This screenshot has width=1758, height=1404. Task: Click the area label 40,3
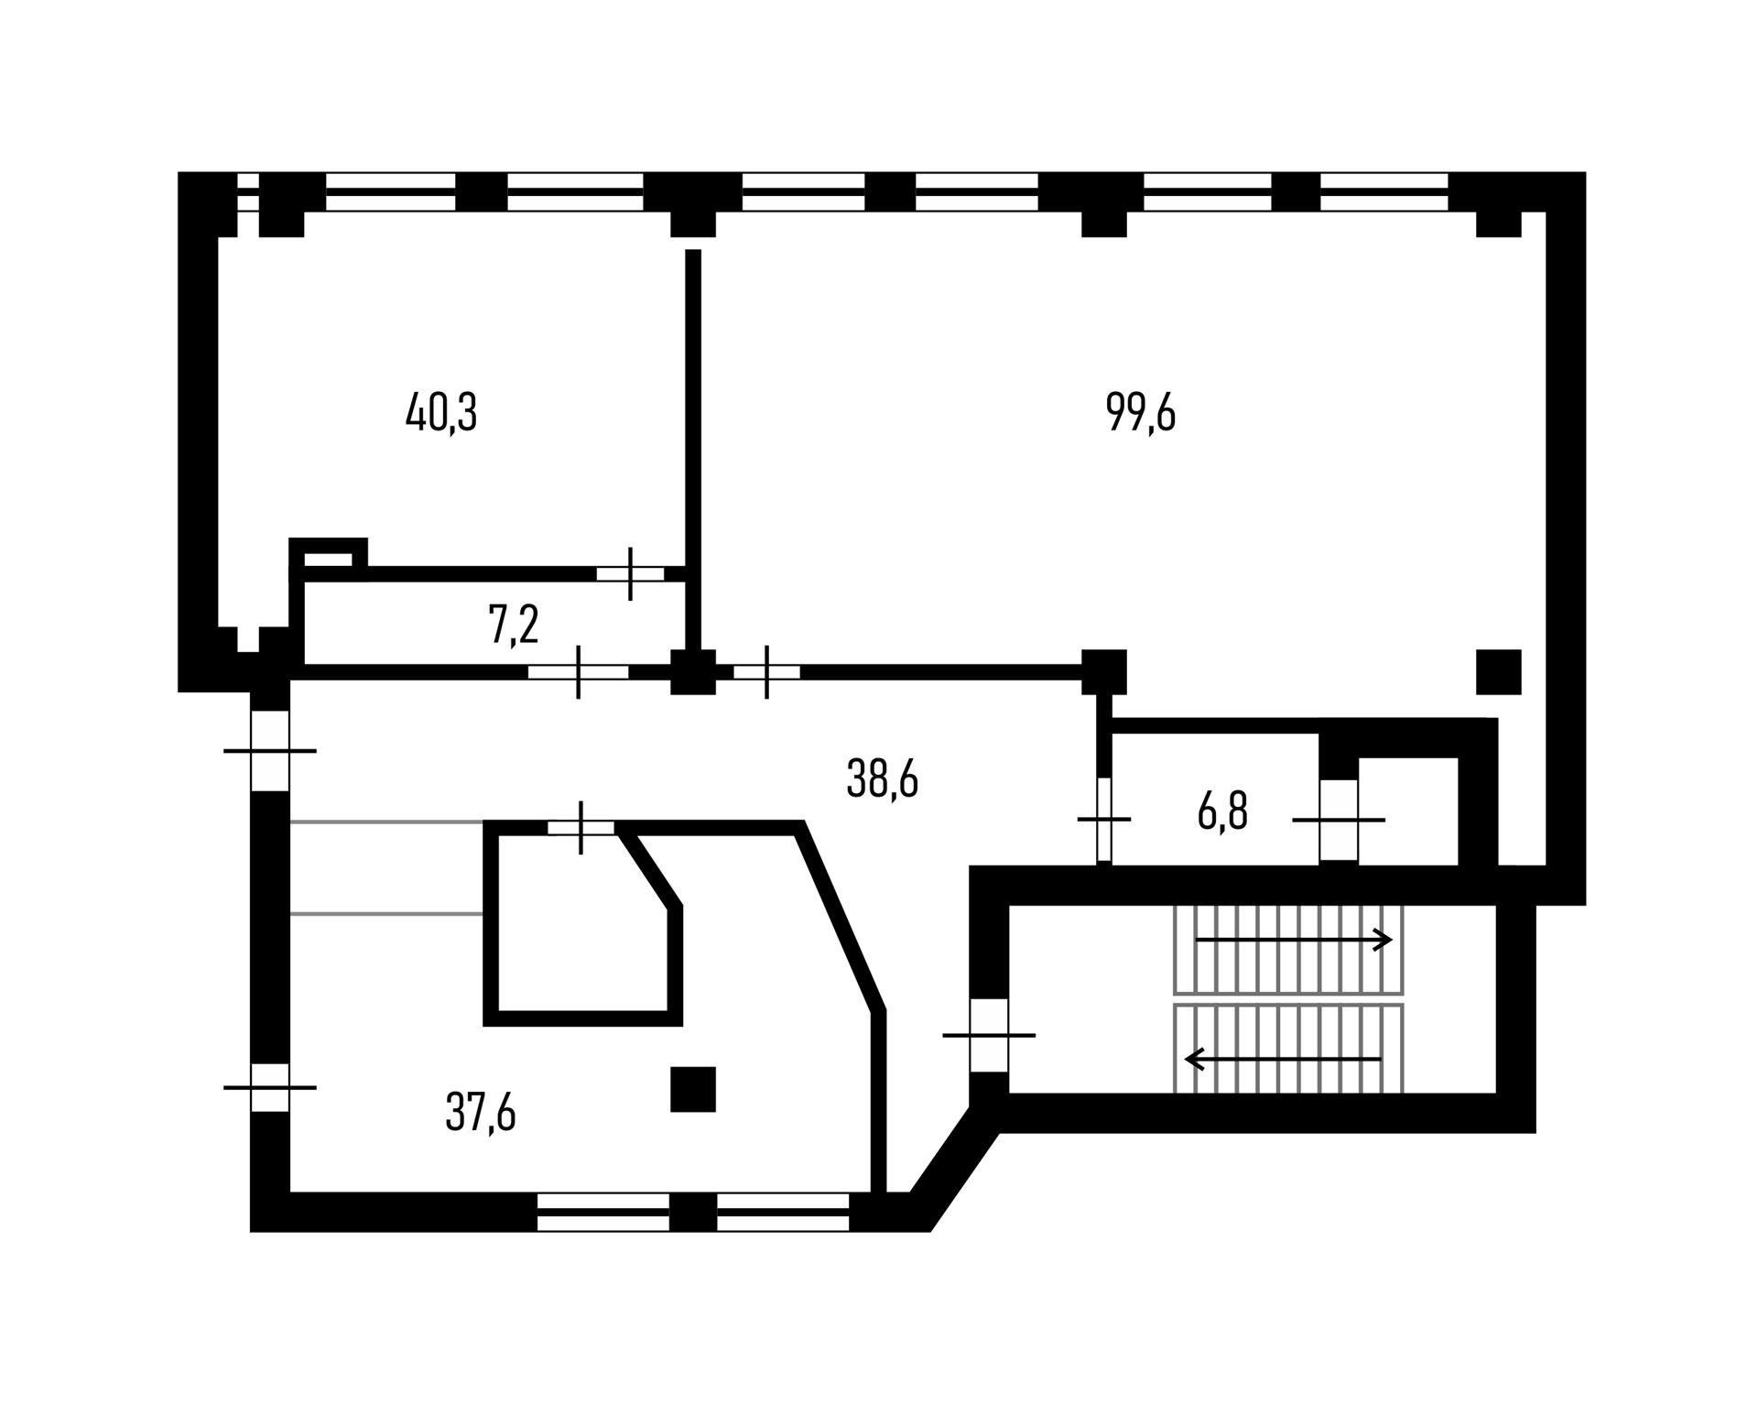click(x=441, y=414)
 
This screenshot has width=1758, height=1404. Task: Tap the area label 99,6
click(x=1141, y=413)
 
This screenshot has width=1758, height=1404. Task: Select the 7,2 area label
click(x=514, y=626)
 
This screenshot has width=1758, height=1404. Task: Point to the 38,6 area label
click(x=882, y=780)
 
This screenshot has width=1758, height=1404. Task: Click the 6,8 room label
click(x=1222, y=811)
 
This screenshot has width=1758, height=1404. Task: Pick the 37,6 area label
click(x=481, y=1113)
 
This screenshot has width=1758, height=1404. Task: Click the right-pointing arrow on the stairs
click(x=1293, y=940)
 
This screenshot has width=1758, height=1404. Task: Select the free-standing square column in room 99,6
click(x=1498, y=672)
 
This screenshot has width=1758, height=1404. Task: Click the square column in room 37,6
click(x=693, y=1090)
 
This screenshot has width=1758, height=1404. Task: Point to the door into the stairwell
click(x=989, y=1035)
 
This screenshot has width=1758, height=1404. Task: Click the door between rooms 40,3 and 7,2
click(x=630, y=574)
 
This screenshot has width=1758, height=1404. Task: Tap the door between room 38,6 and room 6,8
click(x=1104, y=819)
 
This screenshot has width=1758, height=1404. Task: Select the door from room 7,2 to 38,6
click(x=579, y=671)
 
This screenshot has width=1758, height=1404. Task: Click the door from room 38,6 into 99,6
click(x=767, y=671)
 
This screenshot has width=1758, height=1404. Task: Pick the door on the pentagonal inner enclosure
click(x=581, y=828)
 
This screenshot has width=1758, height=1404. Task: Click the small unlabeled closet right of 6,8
click(x=1408, y=810)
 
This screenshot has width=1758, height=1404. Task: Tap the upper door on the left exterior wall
click(x=270, y=751)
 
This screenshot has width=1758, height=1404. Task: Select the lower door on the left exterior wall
click(x=270, y=1088)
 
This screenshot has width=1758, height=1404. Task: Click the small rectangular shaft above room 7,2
click(x=327, y=559)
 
